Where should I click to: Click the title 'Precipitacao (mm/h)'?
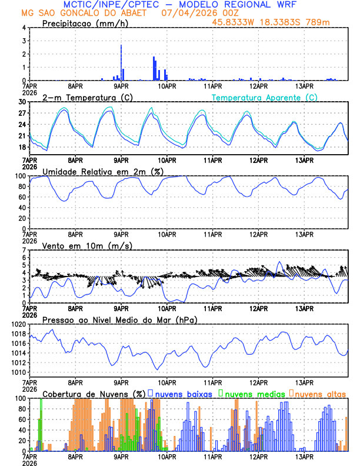click(x=82, y=23)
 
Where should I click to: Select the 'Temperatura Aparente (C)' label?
click(x=265, y=97)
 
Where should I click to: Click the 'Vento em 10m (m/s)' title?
click(x=87, y=245)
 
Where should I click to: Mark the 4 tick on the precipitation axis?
click(x=24, y=28)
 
